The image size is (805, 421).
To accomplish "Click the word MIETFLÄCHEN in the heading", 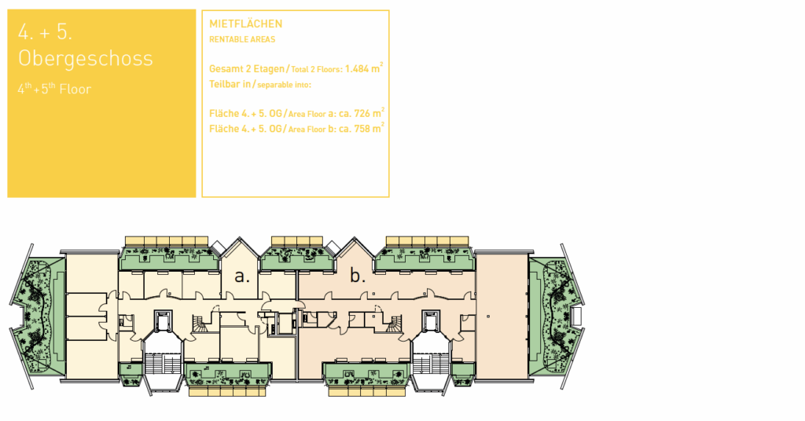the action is point(245,24).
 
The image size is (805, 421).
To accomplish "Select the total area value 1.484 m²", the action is point(364,68).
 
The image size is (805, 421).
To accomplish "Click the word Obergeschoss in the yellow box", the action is point(86,58).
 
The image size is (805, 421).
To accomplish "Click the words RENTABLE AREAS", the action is point(242,39).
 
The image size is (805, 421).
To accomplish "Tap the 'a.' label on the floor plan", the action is point(242,276).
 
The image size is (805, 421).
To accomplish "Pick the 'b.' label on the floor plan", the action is point(358,276).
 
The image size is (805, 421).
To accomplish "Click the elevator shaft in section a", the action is point(164,320).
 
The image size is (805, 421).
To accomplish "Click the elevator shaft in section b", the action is point(430,320).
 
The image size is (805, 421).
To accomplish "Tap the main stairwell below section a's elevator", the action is point(163,364).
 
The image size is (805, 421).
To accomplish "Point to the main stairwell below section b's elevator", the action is point(431,364).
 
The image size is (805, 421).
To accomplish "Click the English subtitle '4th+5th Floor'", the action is point(54,89).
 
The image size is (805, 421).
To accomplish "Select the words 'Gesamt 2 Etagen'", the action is point(247,68).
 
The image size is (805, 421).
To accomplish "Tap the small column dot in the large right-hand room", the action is point(487,317).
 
